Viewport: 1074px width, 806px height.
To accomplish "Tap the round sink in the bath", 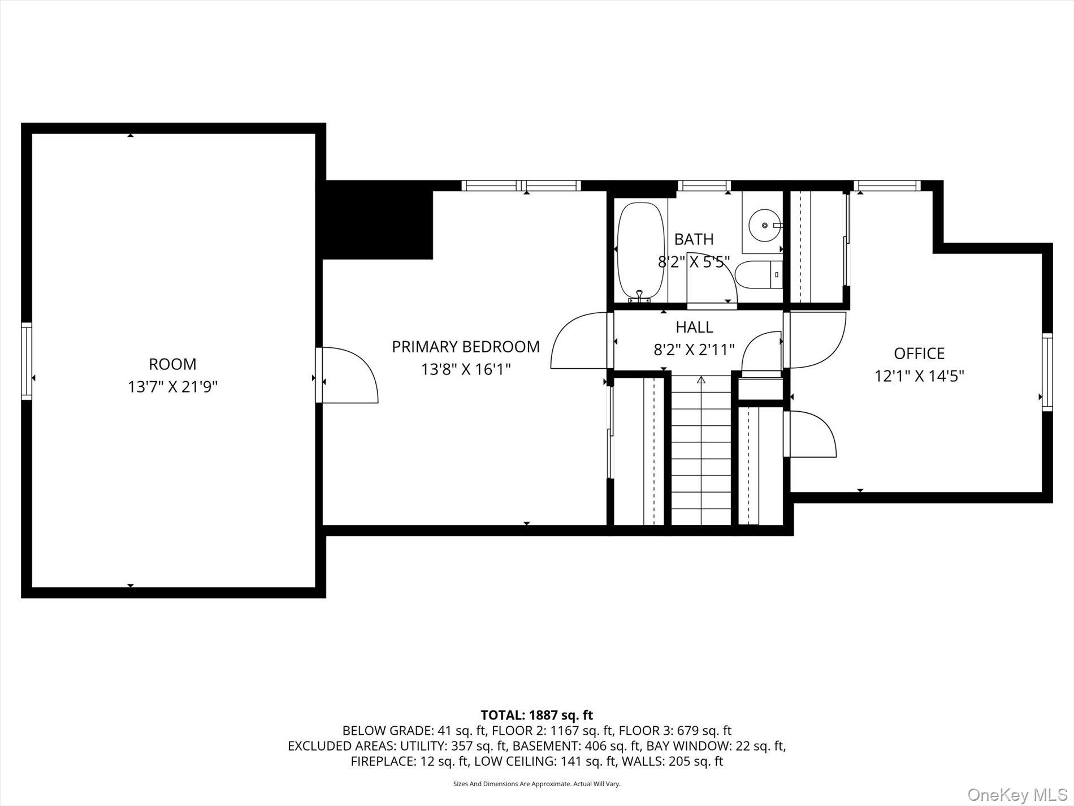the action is pos(764,225).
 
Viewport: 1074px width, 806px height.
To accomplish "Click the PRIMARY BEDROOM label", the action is pos(466,347).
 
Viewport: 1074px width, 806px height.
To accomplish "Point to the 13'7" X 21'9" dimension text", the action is pos(172,387).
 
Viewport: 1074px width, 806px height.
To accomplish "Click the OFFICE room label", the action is pos(919,354).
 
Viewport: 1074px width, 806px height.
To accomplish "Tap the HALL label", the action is pos(694,327).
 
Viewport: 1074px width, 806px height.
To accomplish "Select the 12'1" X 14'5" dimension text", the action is pos(919,376).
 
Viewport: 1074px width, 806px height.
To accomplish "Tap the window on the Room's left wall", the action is pos(27,361).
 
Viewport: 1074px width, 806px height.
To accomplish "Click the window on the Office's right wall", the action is pos(1047,372).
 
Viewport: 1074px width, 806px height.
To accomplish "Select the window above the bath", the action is pos(704,186).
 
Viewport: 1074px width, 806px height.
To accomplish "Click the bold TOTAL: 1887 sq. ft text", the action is pos(536,715).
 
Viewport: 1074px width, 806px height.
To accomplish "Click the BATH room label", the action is pos(694,239).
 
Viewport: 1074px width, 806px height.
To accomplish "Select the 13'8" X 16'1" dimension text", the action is pos(466,370).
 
